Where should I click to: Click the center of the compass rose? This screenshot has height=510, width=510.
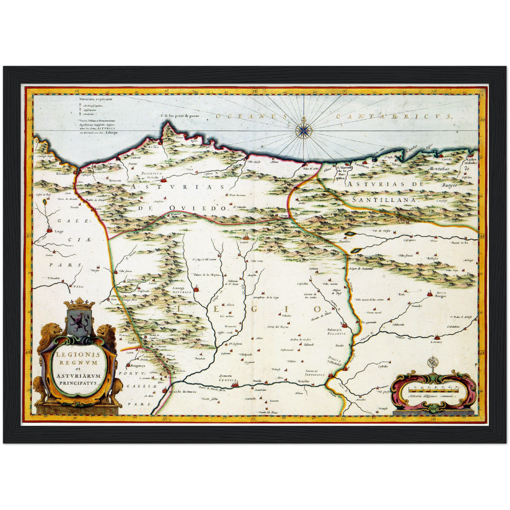coord(302,130)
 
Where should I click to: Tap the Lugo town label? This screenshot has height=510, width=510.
coord(59,232)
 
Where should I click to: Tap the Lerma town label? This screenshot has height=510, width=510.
coord(436,342)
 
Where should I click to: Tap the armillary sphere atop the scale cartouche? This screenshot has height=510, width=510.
coord(432,364)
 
